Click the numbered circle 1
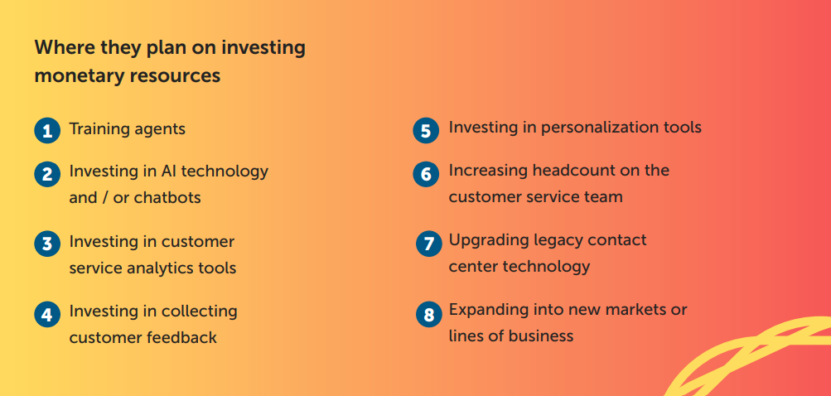[48, 130]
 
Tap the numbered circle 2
[48, 174]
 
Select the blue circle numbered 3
[48, 244]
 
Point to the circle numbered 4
[48, 314]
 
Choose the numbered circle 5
[426, 130]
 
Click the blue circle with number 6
[426, 174]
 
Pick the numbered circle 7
[428, 244]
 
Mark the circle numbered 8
[428, 314]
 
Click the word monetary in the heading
[79, 76]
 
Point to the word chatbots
[167, 198]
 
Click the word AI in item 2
[166, 171]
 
